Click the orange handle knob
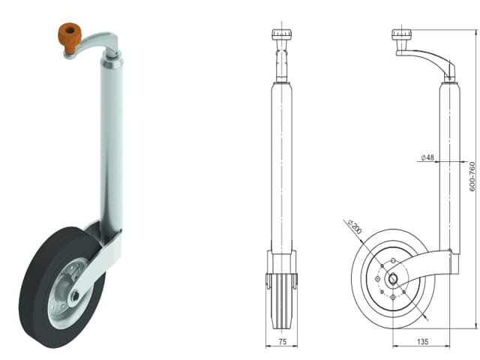click(70, 37)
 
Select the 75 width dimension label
click(282, 341)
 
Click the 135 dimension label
click(422, 341)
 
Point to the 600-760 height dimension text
click(472, 177)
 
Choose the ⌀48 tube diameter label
click(427, 157)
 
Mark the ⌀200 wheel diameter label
click(355, 226)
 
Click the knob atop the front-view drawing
click(281, 34)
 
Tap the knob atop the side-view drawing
click(401, 34)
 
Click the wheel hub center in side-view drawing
click(393, 279)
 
